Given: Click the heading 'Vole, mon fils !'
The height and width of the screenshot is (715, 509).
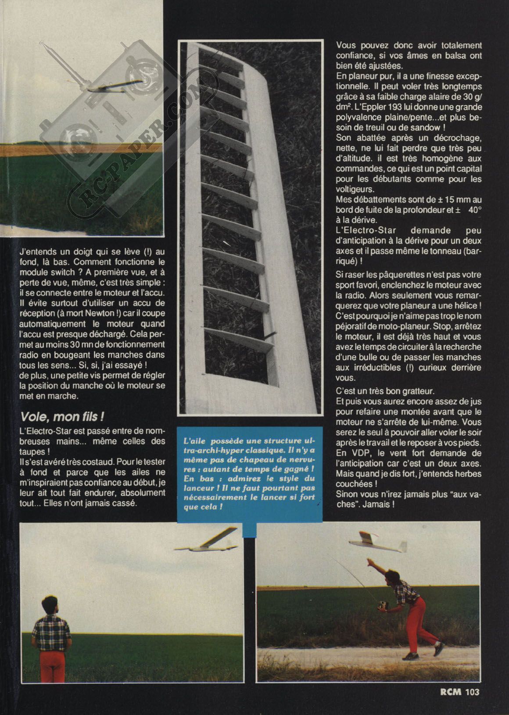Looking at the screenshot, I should point(62,416).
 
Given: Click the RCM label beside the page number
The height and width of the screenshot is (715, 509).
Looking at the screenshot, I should point(450,704).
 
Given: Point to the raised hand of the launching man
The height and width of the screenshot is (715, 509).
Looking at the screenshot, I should point(371,561).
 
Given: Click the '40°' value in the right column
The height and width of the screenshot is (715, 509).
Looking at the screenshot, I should point(474,210).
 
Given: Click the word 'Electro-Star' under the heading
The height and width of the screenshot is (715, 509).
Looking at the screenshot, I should point(45,431).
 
